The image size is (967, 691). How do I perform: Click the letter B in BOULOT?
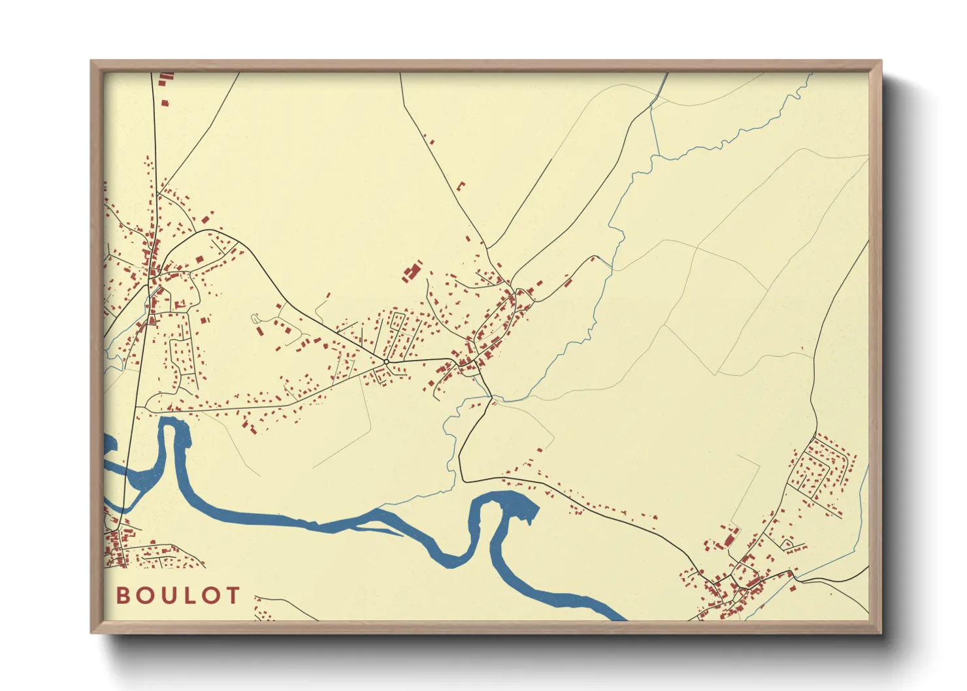tap(123, 596)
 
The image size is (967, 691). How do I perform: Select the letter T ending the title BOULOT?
tap(232, 596)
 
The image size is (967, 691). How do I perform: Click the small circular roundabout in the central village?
tap(386, 361)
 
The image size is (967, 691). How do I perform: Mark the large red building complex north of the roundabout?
tap(412, 272)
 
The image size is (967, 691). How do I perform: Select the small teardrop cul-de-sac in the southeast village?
tap(788, 543)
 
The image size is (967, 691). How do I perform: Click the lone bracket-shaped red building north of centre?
tap(461, 185)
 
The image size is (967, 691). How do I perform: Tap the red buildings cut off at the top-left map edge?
tap(166, 77)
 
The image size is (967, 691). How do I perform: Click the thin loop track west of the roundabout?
tap(255, 318)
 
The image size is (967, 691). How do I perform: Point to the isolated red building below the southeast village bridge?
tap(793, 588)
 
